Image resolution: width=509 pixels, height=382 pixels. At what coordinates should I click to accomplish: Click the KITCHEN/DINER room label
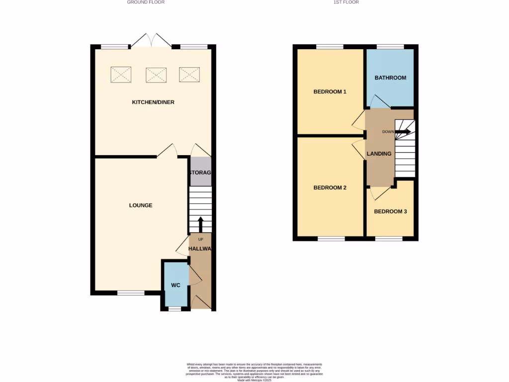pos(153,102)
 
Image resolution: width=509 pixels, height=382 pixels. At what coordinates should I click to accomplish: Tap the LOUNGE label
pos(141,205)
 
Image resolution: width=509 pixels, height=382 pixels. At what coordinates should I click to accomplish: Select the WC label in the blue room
pos(175,286)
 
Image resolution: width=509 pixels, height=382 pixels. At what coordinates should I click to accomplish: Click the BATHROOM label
pos(390,78)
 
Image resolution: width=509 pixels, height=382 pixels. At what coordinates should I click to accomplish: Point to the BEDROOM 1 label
pos(330,92)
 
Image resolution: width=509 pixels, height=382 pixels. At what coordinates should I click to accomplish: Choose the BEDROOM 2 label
pos(330,188)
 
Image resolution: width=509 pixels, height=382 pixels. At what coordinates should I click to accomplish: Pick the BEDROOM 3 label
pos(390,211)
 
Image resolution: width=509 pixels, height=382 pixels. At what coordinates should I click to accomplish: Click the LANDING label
pos(379,154)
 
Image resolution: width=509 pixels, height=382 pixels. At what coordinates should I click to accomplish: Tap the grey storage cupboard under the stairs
pos(200,172)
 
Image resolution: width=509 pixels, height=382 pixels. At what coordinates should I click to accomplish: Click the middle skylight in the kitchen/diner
pos(156,75)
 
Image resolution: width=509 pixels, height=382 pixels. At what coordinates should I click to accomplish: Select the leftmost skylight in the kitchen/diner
pos(121,75)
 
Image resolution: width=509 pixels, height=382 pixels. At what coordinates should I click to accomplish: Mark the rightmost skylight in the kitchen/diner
pos(189,75)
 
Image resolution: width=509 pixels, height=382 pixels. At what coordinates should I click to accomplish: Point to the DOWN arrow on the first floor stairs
pos(403,132)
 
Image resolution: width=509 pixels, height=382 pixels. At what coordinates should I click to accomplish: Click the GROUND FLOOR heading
pos(146,2)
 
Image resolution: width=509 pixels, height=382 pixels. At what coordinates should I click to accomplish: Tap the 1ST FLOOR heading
pos(346,2)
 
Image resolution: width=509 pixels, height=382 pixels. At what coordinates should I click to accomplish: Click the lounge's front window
pos(131,293)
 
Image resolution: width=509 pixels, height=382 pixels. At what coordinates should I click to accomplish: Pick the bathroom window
pos(390,47)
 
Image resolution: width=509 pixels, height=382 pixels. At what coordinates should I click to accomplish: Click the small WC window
pos(174,309)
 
